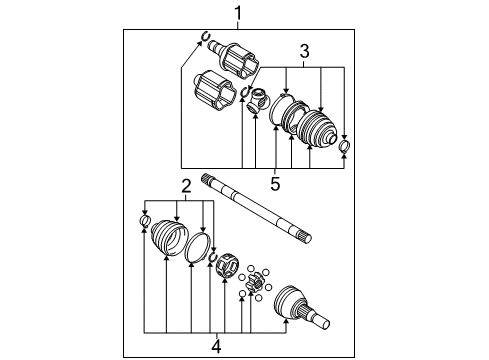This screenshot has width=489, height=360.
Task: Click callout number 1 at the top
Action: click(238, 12)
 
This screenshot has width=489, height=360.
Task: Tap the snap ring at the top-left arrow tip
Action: click(205, 40)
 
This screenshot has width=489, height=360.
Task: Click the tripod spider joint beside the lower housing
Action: click(257, 99)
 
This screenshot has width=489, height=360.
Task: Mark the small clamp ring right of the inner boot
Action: click(345, 149)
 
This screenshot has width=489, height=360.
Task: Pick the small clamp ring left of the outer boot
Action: click(144, 220)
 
